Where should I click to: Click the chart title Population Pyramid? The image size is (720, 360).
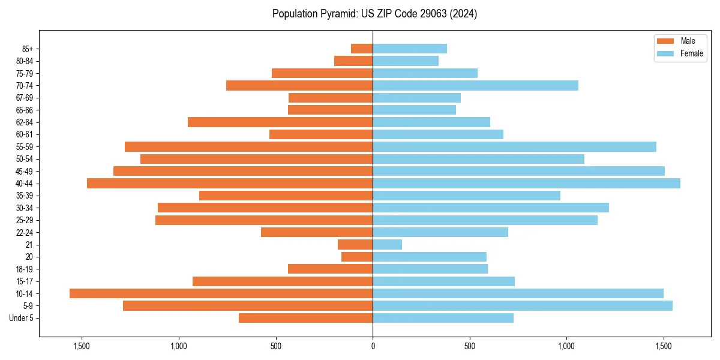374,14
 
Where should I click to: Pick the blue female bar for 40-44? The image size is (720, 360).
526,183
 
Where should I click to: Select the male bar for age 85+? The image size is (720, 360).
362,49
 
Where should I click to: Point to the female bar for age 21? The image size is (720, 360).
387,244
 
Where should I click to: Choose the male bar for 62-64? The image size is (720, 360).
280,122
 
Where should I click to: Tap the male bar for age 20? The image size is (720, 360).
357,257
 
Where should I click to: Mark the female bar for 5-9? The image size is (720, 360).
522,305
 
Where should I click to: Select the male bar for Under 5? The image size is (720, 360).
305,318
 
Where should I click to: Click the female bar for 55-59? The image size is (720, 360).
514,146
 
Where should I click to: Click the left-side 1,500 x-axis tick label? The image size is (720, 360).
81,346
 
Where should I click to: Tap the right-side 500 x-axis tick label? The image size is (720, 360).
470,346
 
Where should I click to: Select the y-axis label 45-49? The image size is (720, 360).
25,171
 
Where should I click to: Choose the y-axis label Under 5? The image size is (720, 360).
22,318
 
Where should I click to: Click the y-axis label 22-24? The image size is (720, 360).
25,232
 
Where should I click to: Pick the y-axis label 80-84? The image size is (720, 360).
25,61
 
